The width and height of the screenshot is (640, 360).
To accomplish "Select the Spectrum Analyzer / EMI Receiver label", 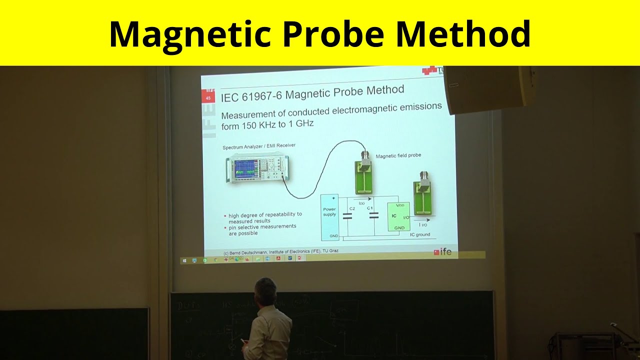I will (259, 146).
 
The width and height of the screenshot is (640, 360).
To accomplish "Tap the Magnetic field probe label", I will (398, 155).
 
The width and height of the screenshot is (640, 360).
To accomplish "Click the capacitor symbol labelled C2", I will (347, 215).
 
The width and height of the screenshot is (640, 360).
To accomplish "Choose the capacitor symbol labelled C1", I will (373, 215).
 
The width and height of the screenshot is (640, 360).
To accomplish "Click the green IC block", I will (399, 216).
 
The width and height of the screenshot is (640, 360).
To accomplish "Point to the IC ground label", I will (419, 234).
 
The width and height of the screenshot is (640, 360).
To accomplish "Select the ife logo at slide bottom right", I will (442, 251).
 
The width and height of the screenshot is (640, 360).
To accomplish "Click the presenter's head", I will (265, 290).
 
